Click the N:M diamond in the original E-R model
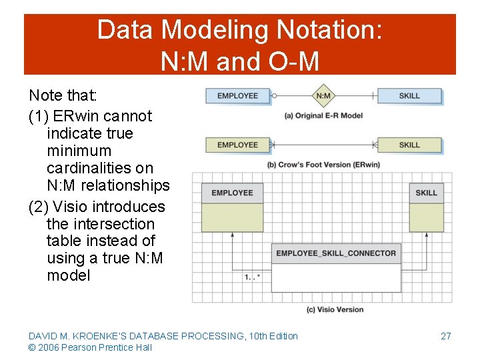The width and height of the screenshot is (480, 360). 323,96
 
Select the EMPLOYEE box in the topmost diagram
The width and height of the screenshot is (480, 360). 237,96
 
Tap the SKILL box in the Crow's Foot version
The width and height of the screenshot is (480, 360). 409,145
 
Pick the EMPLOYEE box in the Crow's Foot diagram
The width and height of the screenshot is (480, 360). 237,145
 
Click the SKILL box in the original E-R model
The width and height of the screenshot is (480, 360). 409,96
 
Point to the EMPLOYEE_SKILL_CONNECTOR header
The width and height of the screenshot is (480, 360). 336,253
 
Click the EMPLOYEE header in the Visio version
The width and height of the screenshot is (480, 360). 232,193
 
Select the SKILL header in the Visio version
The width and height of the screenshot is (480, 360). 426,193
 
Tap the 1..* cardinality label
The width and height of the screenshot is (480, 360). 252,276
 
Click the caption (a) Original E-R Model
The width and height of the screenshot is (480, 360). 323,115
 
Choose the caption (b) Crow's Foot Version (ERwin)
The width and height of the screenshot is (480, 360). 323,165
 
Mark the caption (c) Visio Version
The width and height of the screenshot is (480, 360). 335,309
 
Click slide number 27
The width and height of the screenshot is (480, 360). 446,336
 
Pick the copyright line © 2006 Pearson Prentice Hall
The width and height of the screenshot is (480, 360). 90,347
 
